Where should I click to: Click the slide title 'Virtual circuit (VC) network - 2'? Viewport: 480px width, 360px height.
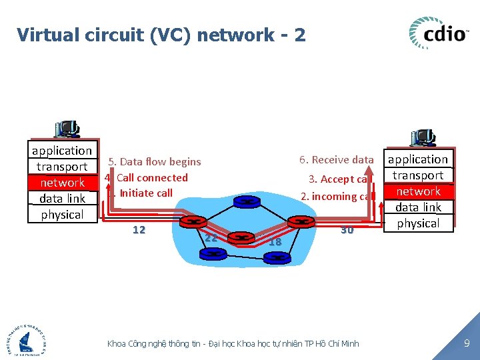[161, 35]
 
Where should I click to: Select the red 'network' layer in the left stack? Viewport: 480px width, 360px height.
[62, 183]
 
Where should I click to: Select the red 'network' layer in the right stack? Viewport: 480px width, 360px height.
[418, 191]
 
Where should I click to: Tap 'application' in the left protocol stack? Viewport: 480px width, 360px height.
[62, 151]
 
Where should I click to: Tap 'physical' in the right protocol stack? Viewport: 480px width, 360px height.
[418, 223]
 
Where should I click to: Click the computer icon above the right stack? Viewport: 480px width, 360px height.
[423, 138]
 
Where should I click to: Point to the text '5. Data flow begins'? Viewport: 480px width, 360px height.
[155, 162]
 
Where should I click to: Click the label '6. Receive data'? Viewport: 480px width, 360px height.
[336, 160]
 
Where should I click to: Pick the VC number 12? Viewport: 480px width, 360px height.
[139, 230]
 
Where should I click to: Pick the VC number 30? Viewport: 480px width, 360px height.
[347, 231]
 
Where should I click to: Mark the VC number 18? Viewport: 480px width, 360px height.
[275, 243]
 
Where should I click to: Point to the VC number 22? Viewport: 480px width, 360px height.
[211, 238]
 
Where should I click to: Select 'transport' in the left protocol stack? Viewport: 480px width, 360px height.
[62, 167]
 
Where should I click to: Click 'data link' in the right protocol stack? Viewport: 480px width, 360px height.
[418, 207]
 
